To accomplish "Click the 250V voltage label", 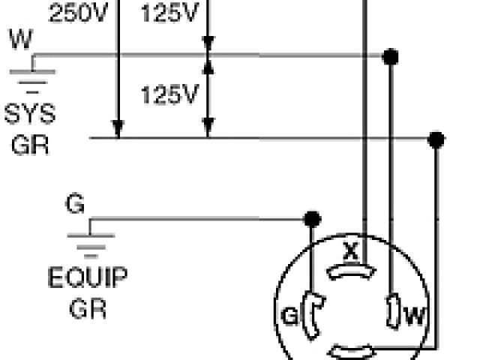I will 79,13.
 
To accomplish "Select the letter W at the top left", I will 21,40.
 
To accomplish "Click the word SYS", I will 30,115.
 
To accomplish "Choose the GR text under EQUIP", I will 88,307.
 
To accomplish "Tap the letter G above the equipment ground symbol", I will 75,205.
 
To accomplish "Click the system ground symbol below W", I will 32,75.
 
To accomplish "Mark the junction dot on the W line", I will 389,56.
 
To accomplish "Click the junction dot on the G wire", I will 313,219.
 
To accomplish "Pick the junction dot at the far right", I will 436,139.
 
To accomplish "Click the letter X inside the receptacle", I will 350,251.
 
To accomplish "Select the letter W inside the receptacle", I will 414,316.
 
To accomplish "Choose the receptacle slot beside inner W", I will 392,312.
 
